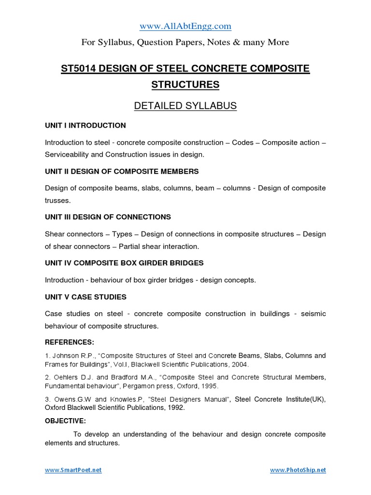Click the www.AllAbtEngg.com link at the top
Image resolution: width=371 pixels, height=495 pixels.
click(x=185, y=26)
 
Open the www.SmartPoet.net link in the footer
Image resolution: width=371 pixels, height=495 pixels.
click(x=73, y=470)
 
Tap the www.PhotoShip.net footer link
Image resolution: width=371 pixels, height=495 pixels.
click(x=298, y=470)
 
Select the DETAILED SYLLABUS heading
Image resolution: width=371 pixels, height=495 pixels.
click(x=185, y=106)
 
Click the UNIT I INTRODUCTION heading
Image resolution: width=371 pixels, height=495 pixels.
click(x=85, y=125)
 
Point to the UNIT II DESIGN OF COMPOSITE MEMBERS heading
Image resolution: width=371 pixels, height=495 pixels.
click(x=122, y=172)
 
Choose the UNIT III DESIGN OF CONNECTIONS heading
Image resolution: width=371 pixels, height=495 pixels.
click(x=108, y=217)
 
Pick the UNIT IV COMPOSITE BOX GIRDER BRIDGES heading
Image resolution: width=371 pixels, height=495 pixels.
click(x=124, y=263)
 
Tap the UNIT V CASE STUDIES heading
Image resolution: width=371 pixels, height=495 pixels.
click(x=86, y=297)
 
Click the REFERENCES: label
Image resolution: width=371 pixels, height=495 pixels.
click(x=70, y=342)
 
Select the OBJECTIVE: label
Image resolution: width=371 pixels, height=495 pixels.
click(x=65, y=421)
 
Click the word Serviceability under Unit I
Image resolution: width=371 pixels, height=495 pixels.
click(x=68, y=154)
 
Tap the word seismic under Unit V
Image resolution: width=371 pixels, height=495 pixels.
click(x=314, y=314)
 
